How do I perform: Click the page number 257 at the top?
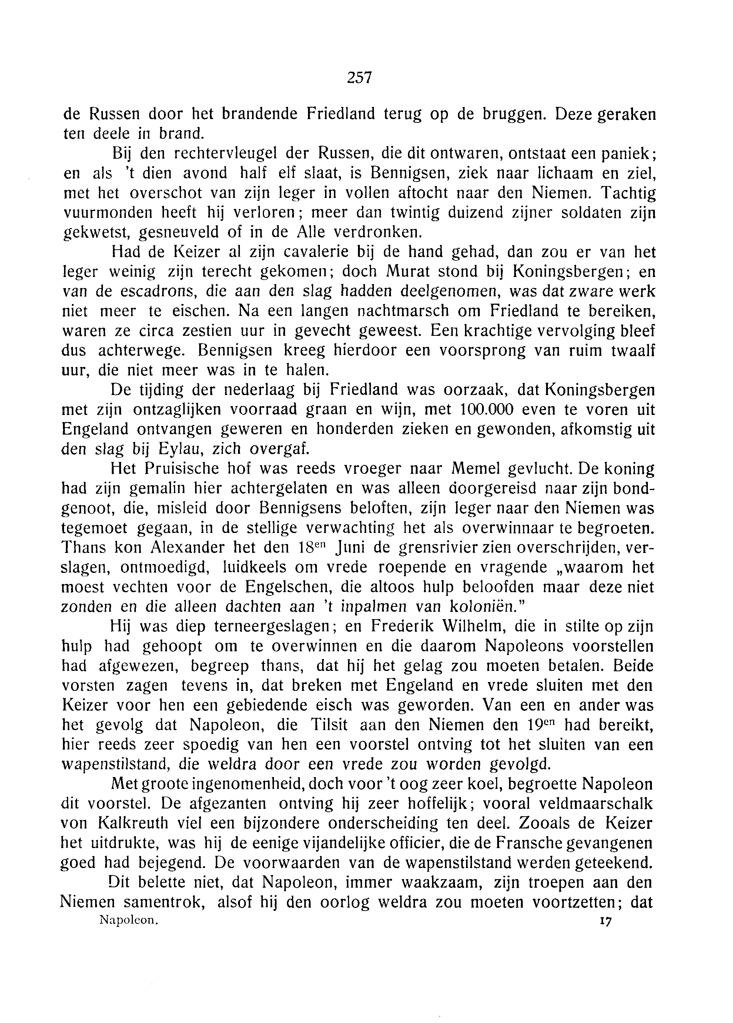359,78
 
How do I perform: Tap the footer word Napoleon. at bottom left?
128,921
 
